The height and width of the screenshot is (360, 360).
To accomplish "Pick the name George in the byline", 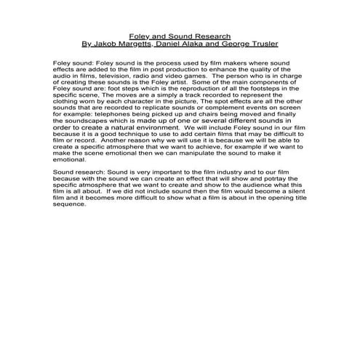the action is coord(252,43).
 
